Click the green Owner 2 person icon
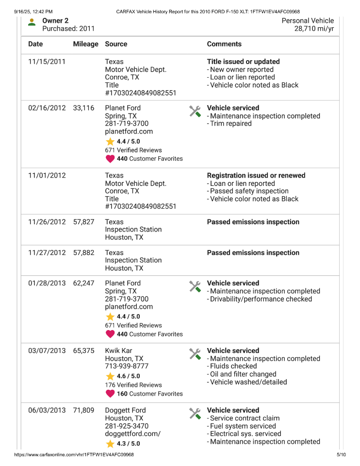[x=32, y=22]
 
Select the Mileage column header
[x=85, y=44]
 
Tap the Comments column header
[x=224, y=44]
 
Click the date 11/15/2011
[x=47, y=62]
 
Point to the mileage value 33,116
[x=83, y=108]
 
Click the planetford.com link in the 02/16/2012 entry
[x=129, y=132]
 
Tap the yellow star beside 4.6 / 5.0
[x=110, y=376]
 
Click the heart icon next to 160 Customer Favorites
[x=110, y=394]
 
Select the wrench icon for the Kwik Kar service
[x=195, y=354]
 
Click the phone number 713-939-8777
[x=127, y=366]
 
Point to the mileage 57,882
[x=83, y=253]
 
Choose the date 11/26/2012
[x=47, y=222]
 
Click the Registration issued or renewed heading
[x=256, y=176]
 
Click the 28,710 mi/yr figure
[x=314, y=29]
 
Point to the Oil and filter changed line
[x=243, y=374]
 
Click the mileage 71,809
[x=83, y=411]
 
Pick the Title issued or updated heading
[x=243, y=62]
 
